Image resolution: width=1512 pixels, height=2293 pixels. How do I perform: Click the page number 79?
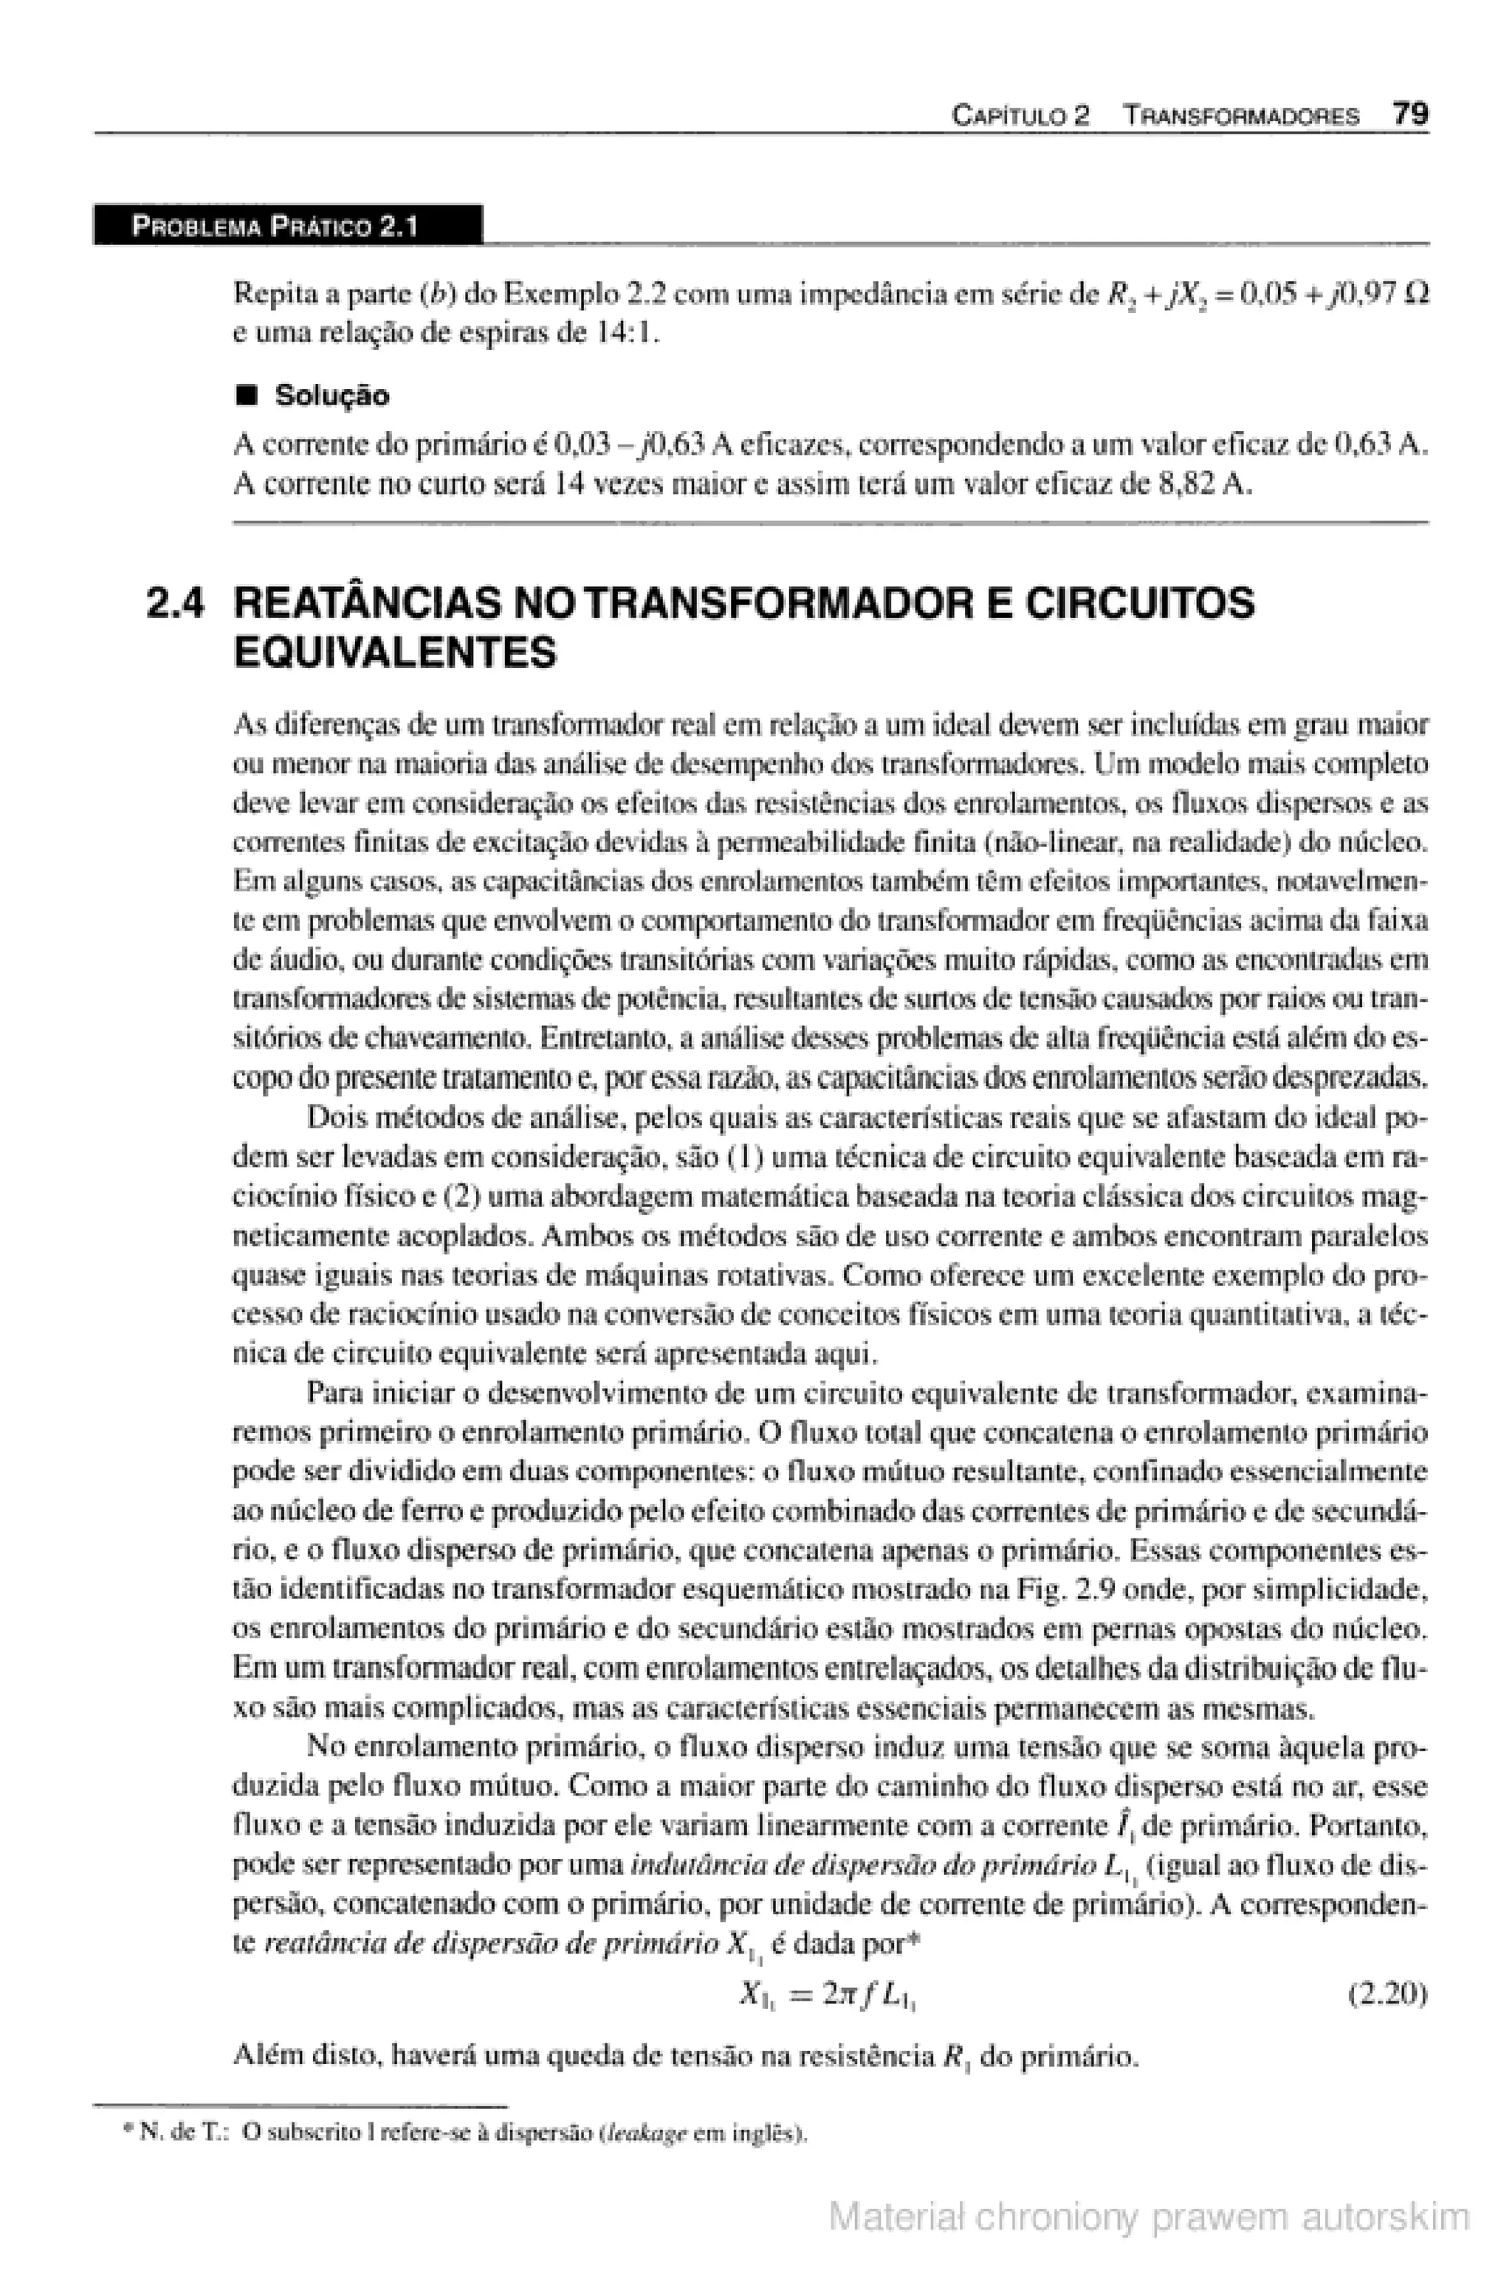coord(1410,114)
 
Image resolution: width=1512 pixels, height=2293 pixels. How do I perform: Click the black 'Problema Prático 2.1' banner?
coord(286,227)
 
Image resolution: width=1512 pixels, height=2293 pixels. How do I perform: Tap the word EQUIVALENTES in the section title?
coord(396,654)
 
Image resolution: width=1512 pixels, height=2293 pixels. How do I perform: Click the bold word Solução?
coord(331,396)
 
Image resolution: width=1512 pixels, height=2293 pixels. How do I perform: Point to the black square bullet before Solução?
coord(249,396)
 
